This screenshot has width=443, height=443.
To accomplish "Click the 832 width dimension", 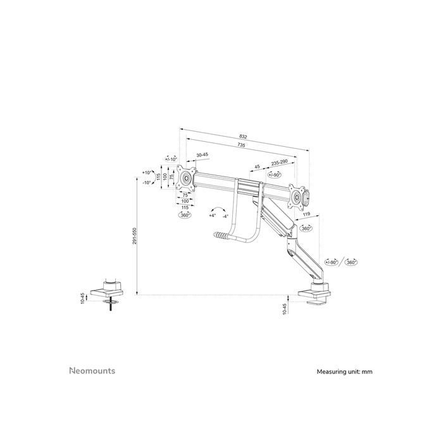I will (x=243, y=137).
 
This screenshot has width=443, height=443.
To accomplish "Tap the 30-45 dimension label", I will (x=203, y=155).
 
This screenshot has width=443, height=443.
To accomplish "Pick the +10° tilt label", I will (x=147, y=172).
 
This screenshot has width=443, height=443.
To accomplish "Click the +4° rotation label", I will (x=212, y=216).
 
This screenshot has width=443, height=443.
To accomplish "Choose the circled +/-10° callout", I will (x=171, y=159).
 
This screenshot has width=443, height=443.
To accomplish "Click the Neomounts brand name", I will (x=92, y=371).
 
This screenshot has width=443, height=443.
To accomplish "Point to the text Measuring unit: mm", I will (x=344, y=372).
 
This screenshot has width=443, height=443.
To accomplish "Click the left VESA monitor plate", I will (x=187, y=178).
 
